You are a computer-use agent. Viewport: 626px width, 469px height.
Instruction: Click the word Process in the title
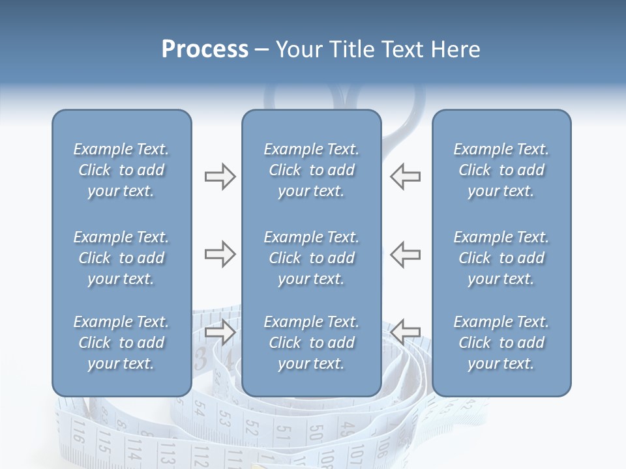coord(205,50)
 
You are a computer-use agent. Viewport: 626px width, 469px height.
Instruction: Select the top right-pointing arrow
coord(220,177)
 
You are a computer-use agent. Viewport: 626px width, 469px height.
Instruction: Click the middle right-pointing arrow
coord(220,254)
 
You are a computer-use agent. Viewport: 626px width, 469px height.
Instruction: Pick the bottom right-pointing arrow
coord(220,332)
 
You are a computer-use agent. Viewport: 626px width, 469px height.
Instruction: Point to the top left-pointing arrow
coord(406,177)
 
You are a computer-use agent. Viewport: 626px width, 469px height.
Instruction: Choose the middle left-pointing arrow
coord(406,254)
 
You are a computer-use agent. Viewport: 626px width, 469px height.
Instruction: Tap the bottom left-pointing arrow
coord(406,332)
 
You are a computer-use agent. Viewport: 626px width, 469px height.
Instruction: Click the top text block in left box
coord(121,170)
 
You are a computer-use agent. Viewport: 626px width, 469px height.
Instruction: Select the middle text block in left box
coord(121,258)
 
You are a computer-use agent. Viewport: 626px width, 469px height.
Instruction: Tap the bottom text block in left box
coord(121,343)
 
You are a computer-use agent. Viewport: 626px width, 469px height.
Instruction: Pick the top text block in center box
coord(311,170)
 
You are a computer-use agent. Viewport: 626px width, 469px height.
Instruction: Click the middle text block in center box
coord(311,258)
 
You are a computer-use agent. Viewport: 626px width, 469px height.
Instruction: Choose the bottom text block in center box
coord(311,343)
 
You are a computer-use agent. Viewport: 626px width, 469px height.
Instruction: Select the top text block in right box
coord(501,170)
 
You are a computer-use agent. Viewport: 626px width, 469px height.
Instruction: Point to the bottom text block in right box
coord(501,343)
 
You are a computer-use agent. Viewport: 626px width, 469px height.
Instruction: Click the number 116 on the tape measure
coord(78,433)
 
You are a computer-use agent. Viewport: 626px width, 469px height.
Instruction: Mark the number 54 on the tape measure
coord(200,409)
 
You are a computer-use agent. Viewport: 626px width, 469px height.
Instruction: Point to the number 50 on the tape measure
coord(316,433)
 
